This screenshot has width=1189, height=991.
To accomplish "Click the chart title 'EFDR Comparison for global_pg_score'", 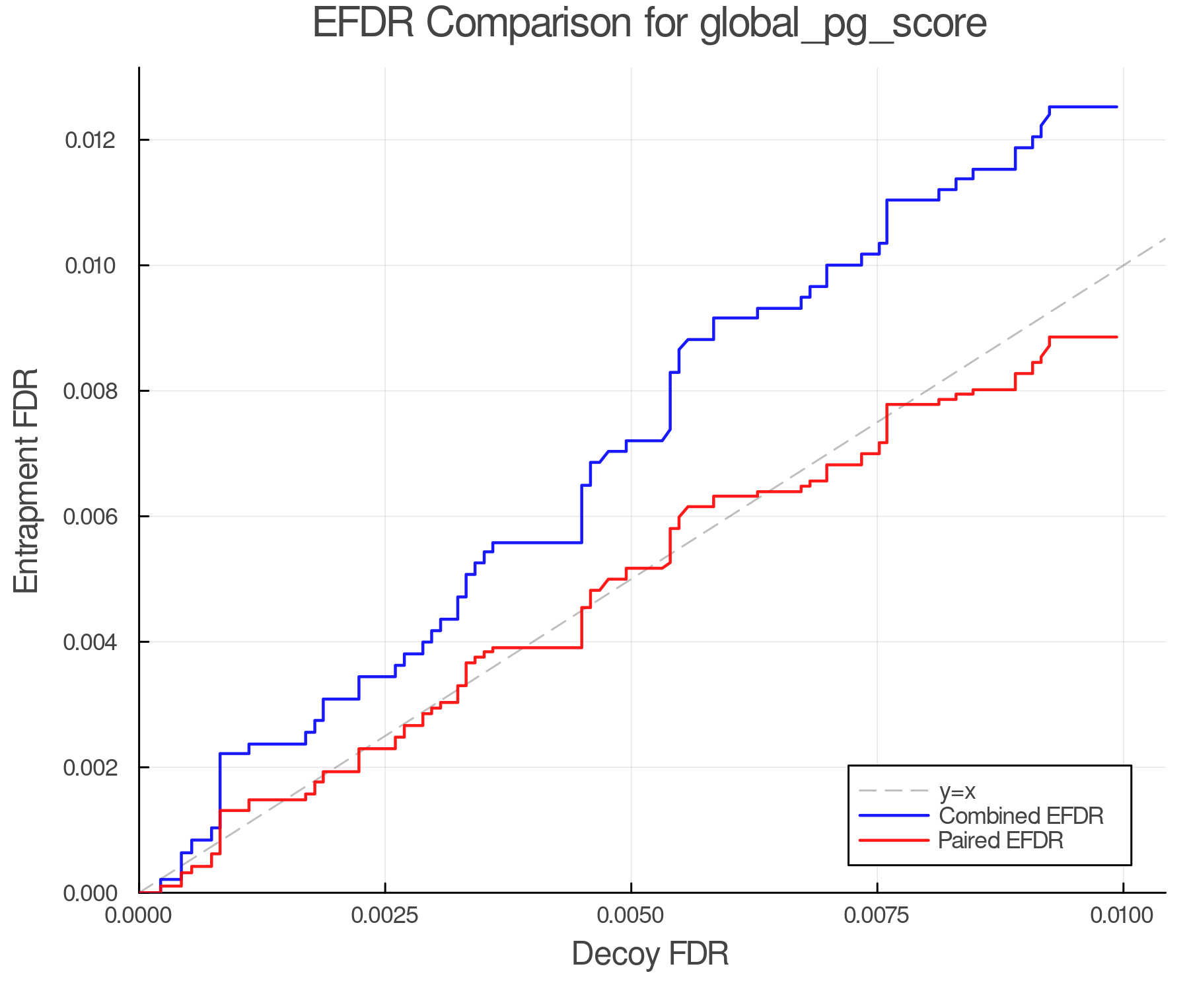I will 649,23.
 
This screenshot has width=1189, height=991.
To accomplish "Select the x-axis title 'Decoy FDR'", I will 650,954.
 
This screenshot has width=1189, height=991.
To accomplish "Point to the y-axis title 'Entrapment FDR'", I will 26,480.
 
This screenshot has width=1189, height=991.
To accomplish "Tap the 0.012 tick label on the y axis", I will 90,140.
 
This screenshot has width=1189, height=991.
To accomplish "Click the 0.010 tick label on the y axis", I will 90,266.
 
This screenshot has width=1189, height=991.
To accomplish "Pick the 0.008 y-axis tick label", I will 90,391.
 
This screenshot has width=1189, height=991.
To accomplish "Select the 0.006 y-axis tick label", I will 90,517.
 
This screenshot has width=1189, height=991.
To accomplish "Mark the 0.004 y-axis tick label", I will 90,642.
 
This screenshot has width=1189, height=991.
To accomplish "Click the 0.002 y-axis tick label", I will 90,768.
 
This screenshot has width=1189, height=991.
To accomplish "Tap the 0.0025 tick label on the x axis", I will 385,916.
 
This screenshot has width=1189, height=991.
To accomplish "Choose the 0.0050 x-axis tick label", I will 631,916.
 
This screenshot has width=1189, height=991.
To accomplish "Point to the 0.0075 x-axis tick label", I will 877,916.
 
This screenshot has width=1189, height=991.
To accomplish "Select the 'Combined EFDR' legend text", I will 1021,816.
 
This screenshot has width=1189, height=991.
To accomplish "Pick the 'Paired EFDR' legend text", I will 1000,840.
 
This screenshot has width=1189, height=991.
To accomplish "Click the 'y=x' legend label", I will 957,791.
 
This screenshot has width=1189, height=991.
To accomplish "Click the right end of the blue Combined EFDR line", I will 1116,107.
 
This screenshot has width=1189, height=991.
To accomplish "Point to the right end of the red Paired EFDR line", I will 1116,337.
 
